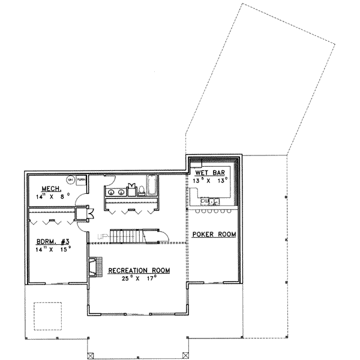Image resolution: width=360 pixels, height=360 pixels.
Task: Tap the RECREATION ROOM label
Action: click(x=139, y=271)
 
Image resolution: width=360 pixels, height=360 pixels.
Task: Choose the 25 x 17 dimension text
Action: click(x=140, y=278)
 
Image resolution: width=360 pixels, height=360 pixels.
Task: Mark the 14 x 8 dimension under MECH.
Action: click(x=52, y=195)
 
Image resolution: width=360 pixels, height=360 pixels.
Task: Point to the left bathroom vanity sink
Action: click(x=111, y=193)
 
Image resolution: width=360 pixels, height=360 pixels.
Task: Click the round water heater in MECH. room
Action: click(x=70, y=179)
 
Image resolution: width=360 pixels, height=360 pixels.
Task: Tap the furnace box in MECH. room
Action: click(x=80, y=179)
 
